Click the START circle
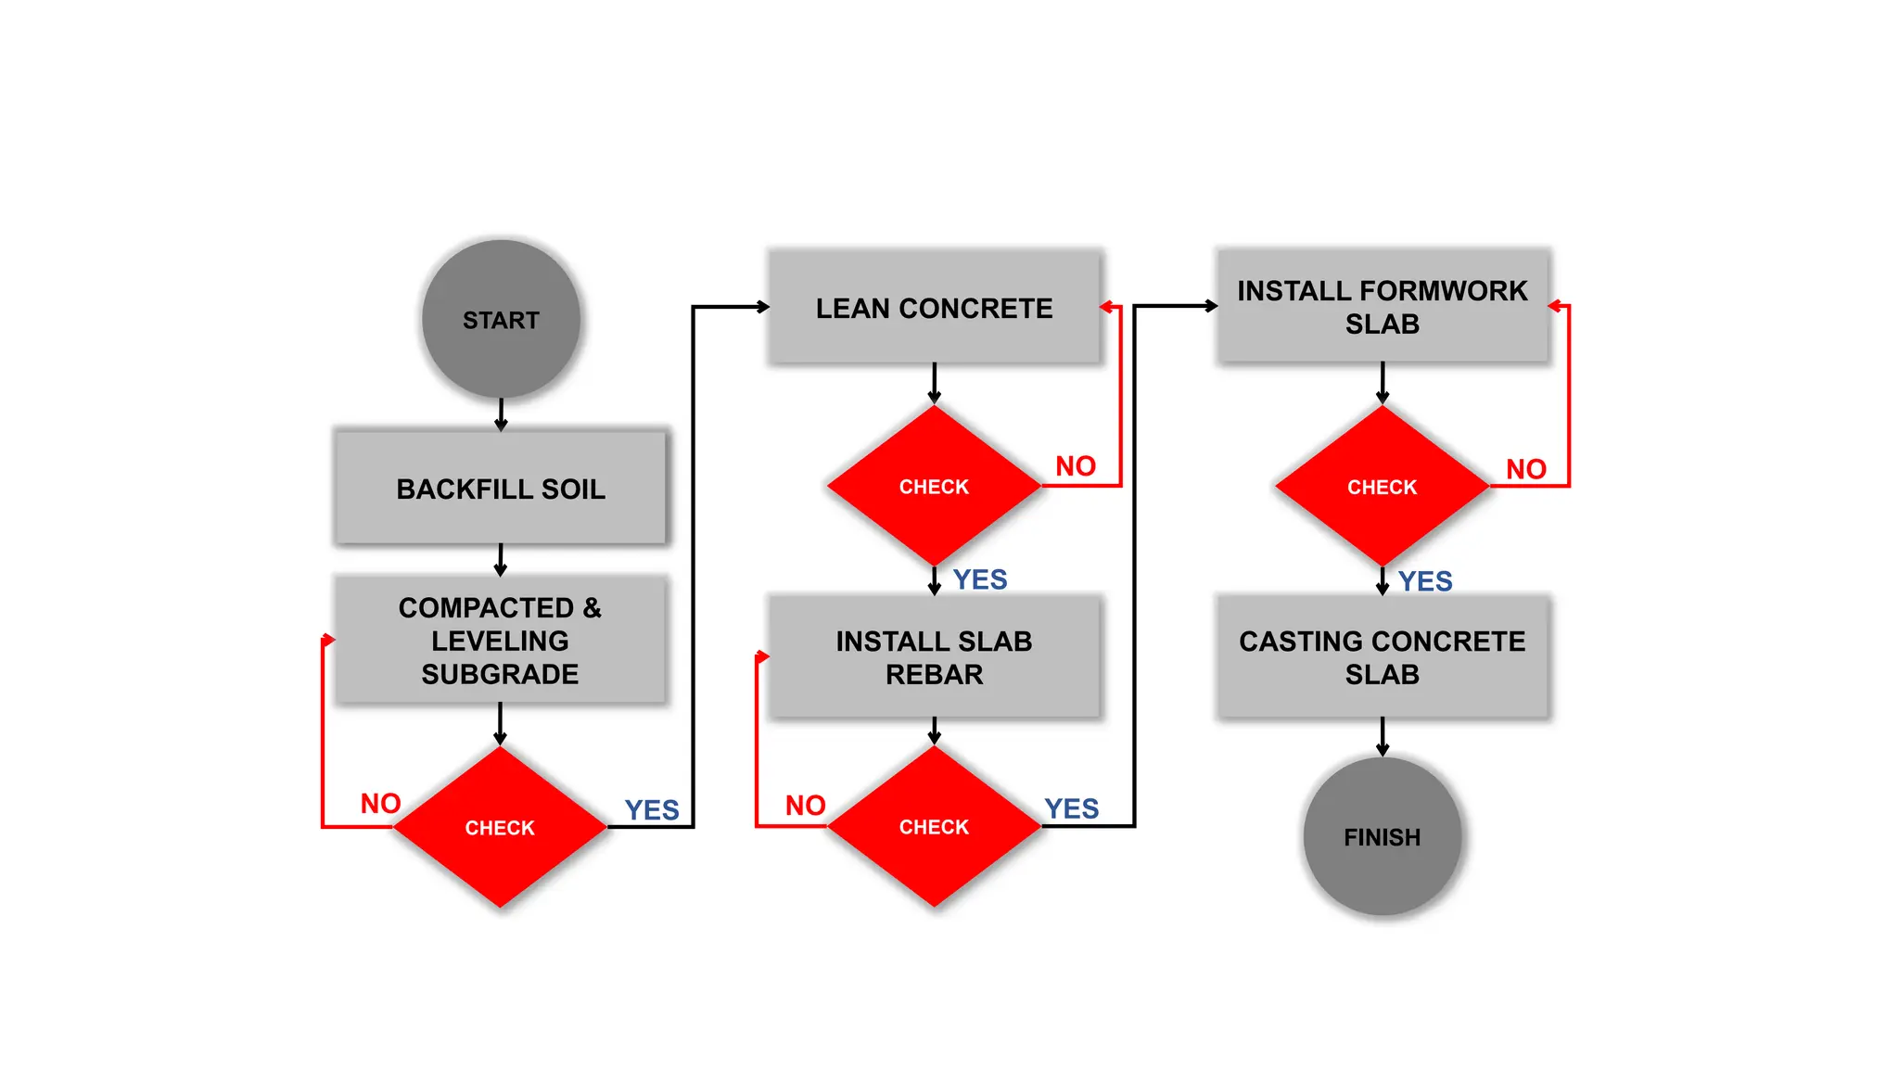click(x=501, y=320)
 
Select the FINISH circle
click(x=1382, y=836)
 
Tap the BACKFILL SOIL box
click(x=501, y=488)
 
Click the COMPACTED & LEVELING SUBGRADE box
click(x=501, y=640)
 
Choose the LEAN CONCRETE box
click(x=934, y=308)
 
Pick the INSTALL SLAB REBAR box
click(x=934, y=657)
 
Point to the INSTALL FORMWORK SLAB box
click(x=1382, y=307)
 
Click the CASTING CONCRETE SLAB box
click(x=1382, y=657)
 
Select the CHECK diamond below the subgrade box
click(x=500, y=827)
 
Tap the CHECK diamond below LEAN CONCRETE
click(x=934, y=486)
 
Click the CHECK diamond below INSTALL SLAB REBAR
click(x=934, y=826)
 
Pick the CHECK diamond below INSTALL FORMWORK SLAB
click(x=1382, y=486)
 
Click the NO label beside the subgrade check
click(x=380, y=803)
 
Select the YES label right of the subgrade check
click(x=652, y=809)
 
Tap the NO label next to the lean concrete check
click(x=1076, y=465)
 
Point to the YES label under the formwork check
click(x=1425, y=581)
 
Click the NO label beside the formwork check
click(x=1525, y=468)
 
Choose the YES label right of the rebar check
click(x=1071, y=808)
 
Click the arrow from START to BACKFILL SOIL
click(x=501, y=414)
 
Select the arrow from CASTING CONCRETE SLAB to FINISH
click(x=1382, y=737)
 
